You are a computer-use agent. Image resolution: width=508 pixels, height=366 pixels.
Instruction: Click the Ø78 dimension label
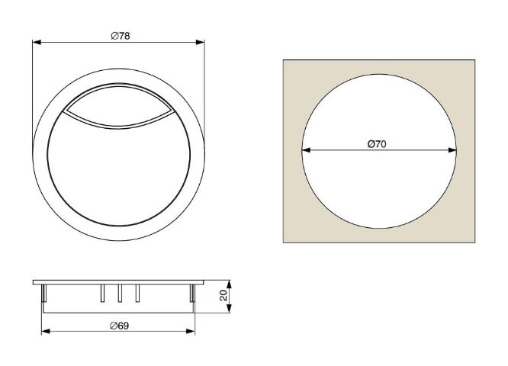(x=121, y=36)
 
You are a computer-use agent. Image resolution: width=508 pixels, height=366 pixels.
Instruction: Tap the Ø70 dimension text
(x=377, y=144)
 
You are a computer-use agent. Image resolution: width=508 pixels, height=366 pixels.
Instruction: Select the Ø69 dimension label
(x=119, y=326)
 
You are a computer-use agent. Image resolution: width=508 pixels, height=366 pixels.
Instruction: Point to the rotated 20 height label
(x=223, y=295)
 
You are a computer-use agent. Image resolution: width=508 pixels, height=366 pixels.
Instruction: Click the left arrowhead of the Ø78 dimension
(x=37, y=42)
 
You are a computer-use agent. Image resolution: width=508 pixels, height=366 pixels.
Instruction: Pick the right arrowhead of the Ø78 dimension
(x=200, y=42)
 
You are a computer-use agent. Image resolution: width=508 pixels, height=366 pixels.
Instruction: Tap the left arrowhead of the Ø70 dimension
(x=306, y=150)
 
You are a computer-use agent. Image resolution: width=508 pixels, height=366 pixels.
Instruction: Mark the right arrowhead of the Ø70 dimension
(x=452, y=150)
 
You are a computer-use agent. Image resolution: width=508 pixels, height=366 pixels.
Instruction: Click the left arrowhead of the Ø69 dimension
(x=46, y=331)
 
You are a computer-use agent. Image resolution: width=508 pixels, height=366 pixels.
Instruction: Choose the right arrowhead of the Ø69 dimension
(x=191, y=331)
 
